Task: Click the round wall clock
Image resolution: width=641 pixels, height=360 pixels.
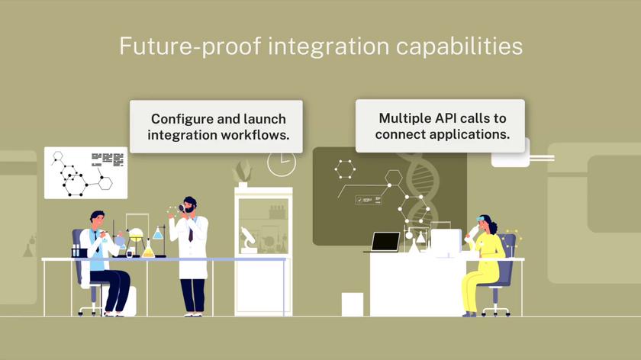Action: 282,162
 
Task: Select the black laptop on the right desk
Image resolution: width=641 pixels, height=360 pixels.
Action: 385,242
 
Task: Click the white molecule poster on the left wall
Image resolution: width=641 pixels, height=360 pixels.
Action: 85,172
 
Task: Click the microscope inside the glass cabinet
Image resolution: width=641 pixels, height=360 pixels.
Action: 248,239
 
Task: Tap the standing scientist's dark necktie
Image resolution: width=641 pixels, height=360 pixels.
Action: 190,232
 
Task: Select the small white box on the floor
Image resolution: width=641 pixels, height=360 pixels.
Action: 352,304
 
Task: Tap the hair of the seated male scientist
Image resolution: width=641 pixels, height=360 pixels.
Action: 97,216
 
